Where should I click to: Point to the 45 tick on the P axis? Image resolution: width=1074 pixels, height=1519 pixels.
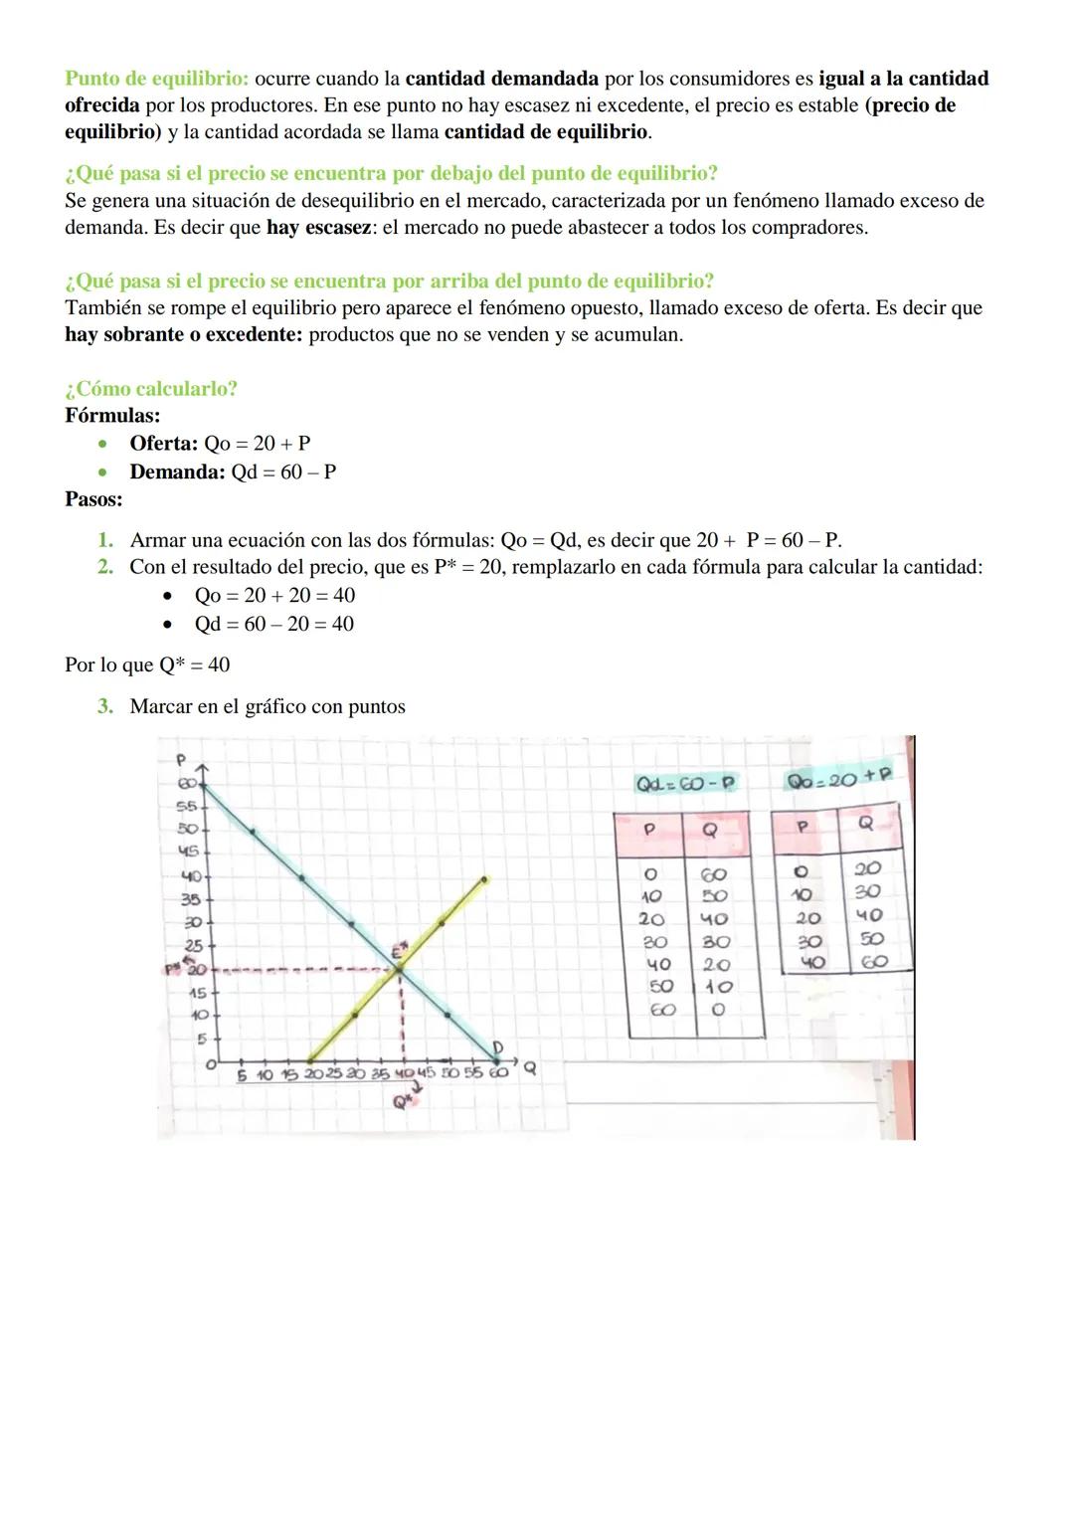coord(189,852)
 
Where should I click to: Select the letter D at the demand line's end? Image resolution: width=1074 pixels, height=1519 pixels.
coord(499,1047)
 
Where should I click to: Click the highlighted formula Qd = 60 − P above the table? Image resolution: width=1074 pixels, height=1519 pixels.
coord(686,783)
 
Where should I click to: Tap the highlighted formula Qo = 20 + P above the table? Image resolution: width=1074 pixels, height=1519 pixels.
coord(838,779)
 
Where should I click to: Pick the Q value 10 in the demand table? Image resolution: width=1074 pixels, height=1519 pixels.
coord(718,987)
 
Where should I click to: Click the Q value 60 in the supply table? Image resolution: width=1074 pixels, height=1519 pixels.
coord(872,962)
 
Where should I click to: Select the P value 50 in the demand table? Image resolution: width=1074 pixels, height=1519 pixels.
coord(660,987)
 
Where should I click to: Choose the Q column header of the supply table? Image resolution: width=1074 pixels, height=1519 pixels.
coord(866,825)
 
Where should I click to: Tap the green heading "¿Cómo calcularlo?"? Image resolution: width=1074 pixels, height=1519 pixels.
coord(151,389)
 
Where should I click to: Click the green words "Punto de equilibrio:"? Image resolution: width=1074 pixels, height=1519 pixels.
coord(163,79)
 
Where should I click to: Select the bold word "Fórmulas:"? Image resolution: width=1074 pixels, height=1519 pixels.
coord(112,416)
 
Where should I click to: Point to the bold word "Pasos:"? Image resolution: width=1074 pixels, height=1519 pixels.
coord(93,499)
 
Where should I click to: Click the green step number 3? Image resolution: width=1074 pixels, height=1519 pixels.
coord(104,707)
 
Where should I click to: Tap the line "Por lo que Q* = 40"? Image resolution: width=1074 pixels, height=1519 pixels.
coord(147,665)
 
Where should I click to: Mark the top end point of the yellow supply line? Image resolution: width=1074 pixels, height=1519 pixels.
coord(484,878)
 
